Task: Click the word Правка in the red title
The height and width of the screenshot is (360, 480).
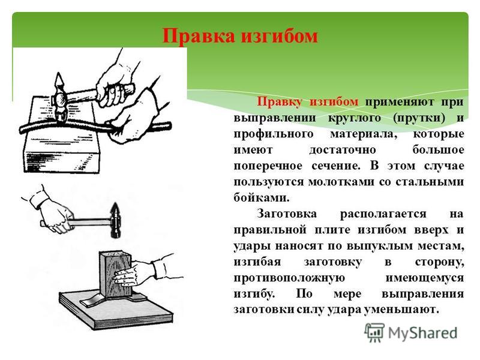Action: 199,37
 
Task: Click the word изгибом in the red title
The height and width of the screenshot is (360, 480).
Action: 280,37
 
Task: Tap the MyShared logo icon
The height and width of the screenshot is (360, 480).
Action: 374,333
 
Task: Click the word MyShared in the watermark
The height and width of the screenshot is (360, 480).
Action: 423,333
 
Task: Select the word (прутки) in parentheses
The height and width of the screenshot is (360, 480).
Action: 419,118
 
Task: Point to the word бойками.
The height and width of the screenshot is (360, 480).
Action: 262,198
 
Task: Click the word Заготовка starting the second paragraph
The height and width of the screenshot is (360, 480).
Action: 287,214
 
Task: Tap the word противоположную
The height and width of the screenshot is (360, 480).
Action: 289,278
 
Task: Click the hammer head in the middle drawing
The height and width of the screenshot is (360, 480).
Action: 116,220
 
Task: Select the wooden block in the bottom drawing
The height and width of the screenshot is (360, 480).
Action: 115,274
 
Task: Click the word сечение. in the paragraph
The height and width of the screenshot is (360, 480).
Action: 337,166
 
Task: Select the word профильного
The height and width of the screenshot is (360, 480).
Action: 274,134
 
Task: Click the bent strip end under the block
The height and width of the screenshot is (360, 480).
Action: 86,302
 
